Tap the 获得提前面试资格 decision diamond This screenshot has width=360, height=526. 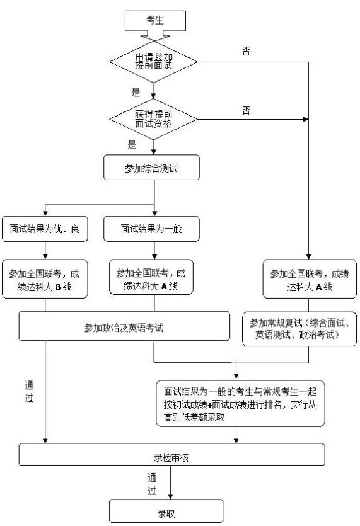pyautogui.click(x=154, y=119)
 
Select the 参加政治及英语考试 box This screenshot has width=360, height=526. pyautogui.click(x=124, y=328)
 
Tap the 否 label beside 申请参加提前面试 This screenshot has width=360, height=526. pyautogui.click(x=245, y=51)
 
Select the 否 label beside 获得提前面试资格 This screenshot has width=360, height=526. pyautogui.click(x=245, y=110)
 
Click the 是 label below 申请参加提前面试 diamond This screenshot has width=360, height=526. pyautogui.click(x=135, y=91)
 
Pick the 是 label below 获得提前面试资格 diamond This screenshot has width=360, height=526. pyautogui.click(x=132, y=145)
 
